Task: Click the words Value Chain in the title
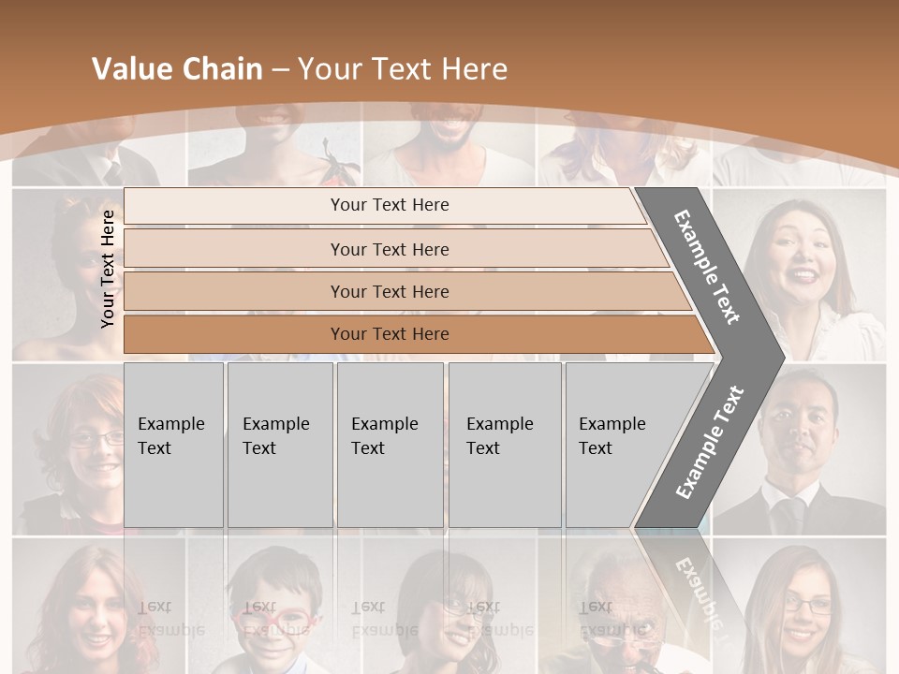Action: [x=177, y=69]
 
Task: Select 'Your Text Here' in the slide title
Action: [x=403, y=69]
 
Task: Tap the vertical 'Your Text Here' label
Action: [x=108, y=269]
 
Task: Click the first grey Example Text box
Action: [x=173, y=445]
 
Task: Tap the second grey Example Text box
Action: [x=280, y=445]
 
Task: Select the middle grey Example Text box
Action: [x=390, y=445]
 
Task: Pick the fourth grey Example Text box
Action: [x=505, y=445]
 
